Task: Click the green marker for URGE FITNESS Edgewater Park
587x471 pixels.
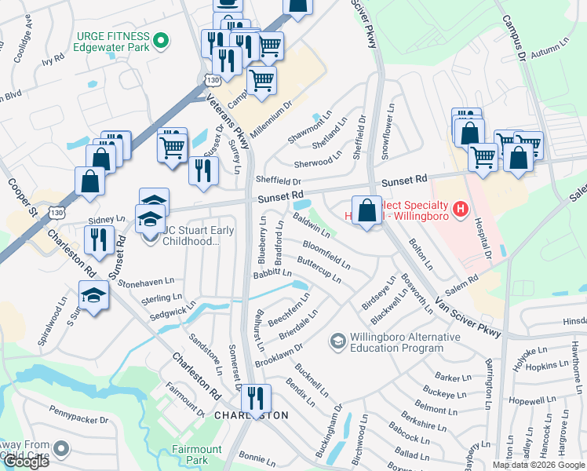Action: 161,38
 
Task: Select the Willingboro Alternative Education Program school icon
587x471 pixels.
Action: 337,341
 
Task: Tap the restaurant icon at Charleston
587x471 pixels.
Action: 256,400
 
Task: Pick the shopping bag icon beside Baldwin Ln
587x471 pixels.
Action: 366,210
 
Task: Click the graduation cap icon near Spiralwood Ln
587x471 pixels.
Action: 93,297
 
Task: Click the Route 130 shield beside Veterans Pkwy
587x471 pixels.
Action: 211,81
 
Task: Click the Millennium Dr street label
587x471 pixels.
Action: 272,117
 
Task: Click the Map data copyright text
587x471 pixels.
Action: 538,465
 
